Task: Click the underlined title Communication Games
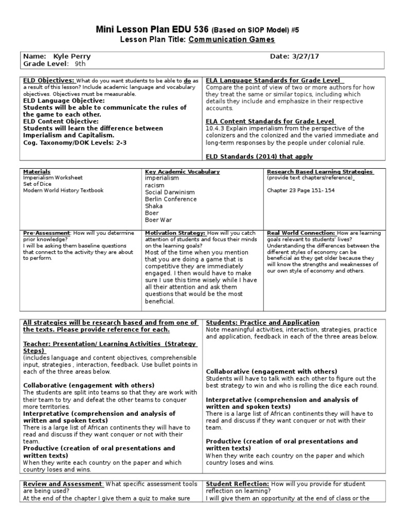[231, 40]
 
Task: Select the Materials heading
[37, 171]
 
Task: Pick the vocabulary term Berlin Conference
[170, 199]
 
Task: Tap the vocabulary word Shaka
[153, 206]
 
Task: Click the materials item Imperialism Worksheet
[52, 178]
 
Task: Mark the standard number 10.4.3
[216, 128]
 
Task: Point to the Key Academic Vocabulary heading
[183, 171]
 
